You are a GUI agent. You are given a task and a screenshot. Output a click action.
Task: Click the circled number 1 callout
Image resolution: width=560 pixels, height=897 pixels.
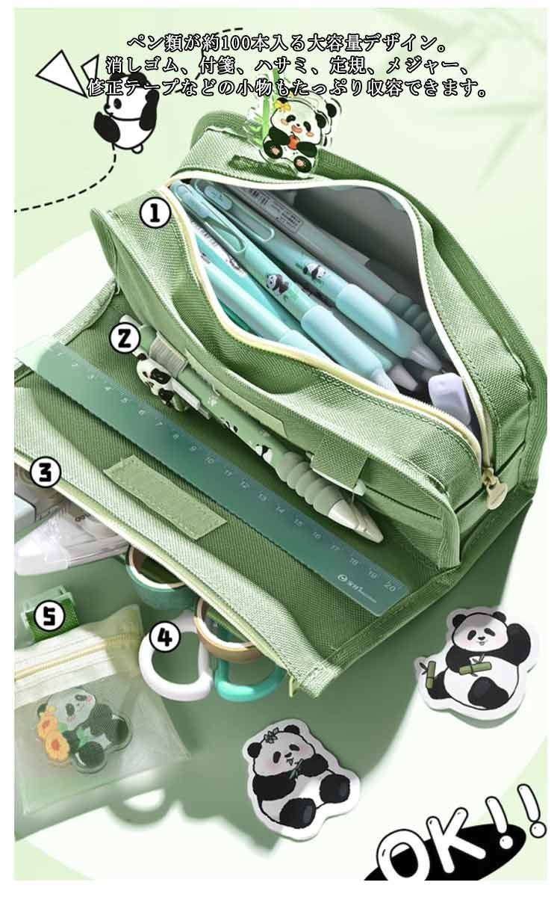coord(155,213)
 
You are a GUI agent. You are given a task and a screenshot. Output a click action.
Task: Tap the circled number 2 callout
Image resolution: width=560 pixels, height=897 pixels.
coord(125,339)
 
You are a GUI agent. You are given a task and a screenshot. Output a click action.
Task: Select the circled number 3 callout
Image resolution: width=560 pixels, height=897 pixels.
coord(46,472)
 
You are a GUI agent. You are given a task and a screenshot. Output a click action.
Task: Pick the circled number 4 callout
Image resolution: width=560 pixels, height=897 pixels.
coord(165,635)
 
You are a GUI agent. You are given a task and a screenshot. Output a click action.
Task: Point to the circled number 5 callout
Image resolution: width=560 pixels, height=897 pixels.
coord(49,615)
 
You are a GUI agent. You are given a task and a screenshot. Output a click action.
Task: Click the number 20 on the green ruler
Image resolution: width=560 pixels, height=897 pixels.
coord(389,586)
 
